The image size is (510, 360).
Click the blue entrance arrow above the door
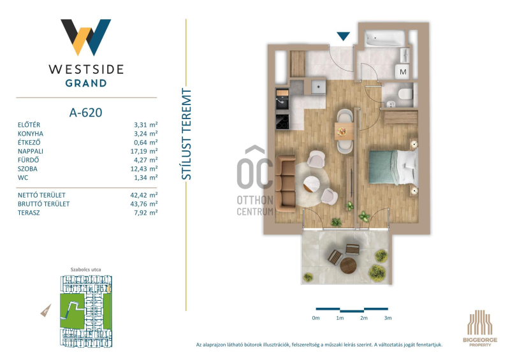pos(343,36)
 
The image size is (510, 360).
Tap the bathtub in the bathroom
pos(385,38)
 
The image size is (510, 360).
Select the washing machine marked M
pos(403,71)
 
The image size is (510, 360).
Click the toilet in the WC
pos(405,94)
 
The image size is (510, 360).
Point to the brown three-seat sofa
pos(285,184)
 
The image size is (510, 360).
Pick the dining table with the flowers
pos(344,131)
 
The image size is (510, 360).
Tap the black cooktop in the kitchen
pos(282,122)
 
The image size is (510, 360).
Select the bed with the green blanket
pos(393,167)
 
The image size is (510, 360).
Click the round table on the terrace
pos(348,266)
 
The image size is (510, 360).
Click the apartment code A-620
pos(85,113)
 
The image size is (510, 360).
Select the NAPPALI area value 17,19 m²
pos(146,151)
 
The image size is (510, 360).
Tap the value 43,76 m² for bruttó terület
pos(146,204)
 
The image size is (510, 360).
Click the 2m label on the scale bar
pos(363,318)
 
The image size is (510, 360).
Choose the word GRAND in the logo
pos(86,83)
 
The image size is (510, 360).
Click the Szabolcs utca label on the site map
pos(85,270)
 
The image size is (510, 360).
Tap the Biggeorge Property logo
pos(480,328)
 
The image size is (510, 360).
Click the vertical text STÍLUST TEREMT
pos(186,134)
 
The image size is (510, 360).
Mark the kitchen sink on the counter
pos(282,103)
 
